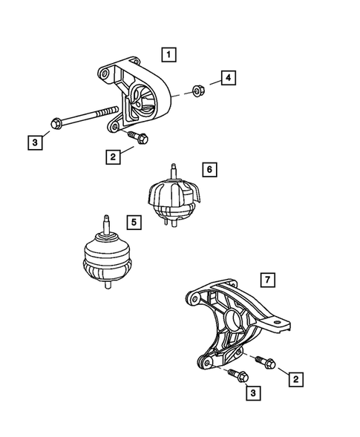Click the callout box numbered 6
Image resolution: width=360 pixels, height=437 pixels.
(x=209, y=170)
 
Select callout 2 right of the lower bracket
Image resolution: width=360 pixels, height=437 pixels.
(x=295, y=379)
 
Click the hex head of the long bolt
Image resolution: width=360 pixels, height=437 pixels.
(x=57, y=123)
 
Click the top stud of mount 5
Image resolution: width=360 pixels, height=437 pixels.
(x=106, y=223)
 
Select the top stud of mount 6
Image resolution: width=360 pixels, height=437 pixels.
(x=172, y=170)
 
